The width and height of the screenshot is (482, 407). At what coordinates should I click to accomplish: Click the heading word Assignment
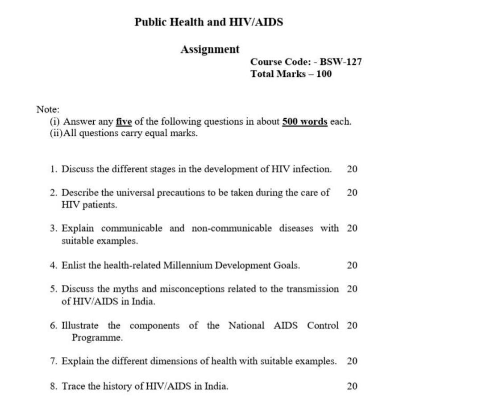click(210, 49)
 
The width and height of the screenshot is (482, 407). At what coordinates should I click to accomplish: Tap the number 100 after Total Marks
click(324, 74)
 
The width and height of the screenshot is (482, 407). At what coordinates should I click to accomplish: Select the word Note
click(47, 109)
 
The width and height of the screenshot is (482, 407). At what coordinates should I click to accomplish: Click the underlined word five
click(124, 121)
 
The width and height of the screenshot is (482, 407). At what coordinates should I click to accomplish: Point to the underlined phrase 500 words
click(305, 121)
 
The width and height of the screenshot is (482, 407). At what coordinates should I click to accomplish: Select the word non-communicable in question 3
click(231, 228)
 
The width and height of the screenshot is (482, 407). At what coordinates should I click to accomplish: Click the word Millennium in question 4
click(188, 266)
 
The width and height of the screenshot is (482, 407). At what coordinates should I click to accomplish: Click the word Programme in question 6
click(97, 338)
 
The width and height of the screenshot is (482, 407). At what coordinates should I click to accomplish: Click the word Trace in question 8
click(74, 386)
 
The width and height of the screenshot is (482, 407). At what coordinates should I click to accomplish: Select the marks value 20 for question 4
click(352, 266)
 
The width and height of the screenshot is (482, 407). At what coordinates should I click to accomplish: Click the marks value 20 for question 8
click(352, 386)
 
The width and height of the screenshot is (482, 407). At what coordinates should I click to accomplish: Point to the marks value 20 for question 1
click(352, 169)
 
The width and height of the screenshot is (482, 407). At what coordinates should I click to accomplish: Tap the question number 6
click(53, 326)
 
